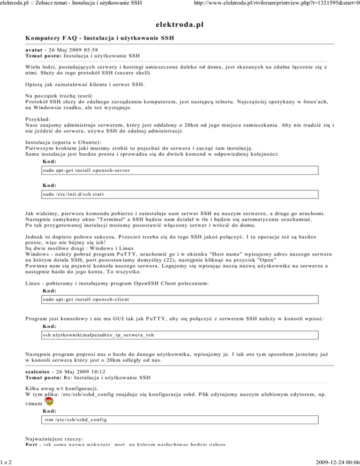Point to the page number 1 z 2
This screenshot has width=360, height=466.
point(7,461)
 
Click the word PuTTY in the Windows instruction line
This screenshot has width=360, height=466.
point(119,254)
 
